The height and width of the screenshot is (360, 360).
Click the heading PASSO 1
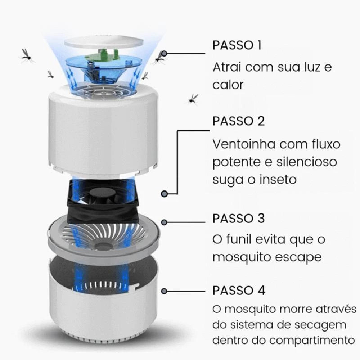coord(237,45)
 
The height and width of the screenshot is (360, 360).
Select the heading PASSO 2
coord(238,121)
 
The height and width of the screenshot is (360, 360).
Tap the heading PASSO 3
coord(238,219)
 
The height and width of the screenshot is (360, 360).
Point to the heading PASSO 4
coord(238,290)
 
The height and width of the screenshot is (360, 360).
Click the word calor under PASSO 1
coord(228,85)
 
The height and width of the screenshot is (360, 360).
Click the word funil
coord(239,239)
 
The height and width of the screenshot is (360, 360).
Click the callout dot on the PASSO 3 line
coord(165,222)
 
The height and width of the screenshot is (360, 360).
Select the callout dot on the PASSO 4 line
coord(165,292)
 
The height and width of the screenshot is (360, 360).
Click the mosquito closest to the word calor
coord(193,99)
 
